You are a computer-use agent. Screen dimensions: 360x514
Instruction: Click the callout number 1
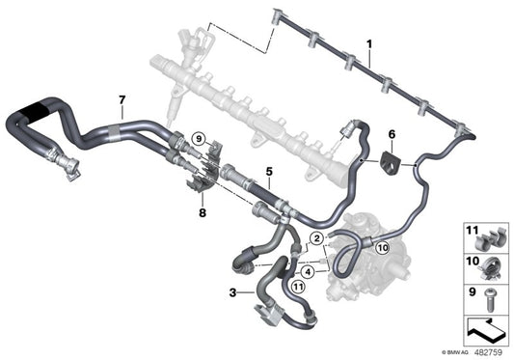[x=369, y=44]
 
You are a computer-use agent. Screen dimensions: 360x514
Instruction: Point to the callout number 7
[x=122, y=100]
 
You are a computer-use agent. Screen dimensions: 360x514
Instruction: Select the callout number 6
[x=392, y=136]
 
